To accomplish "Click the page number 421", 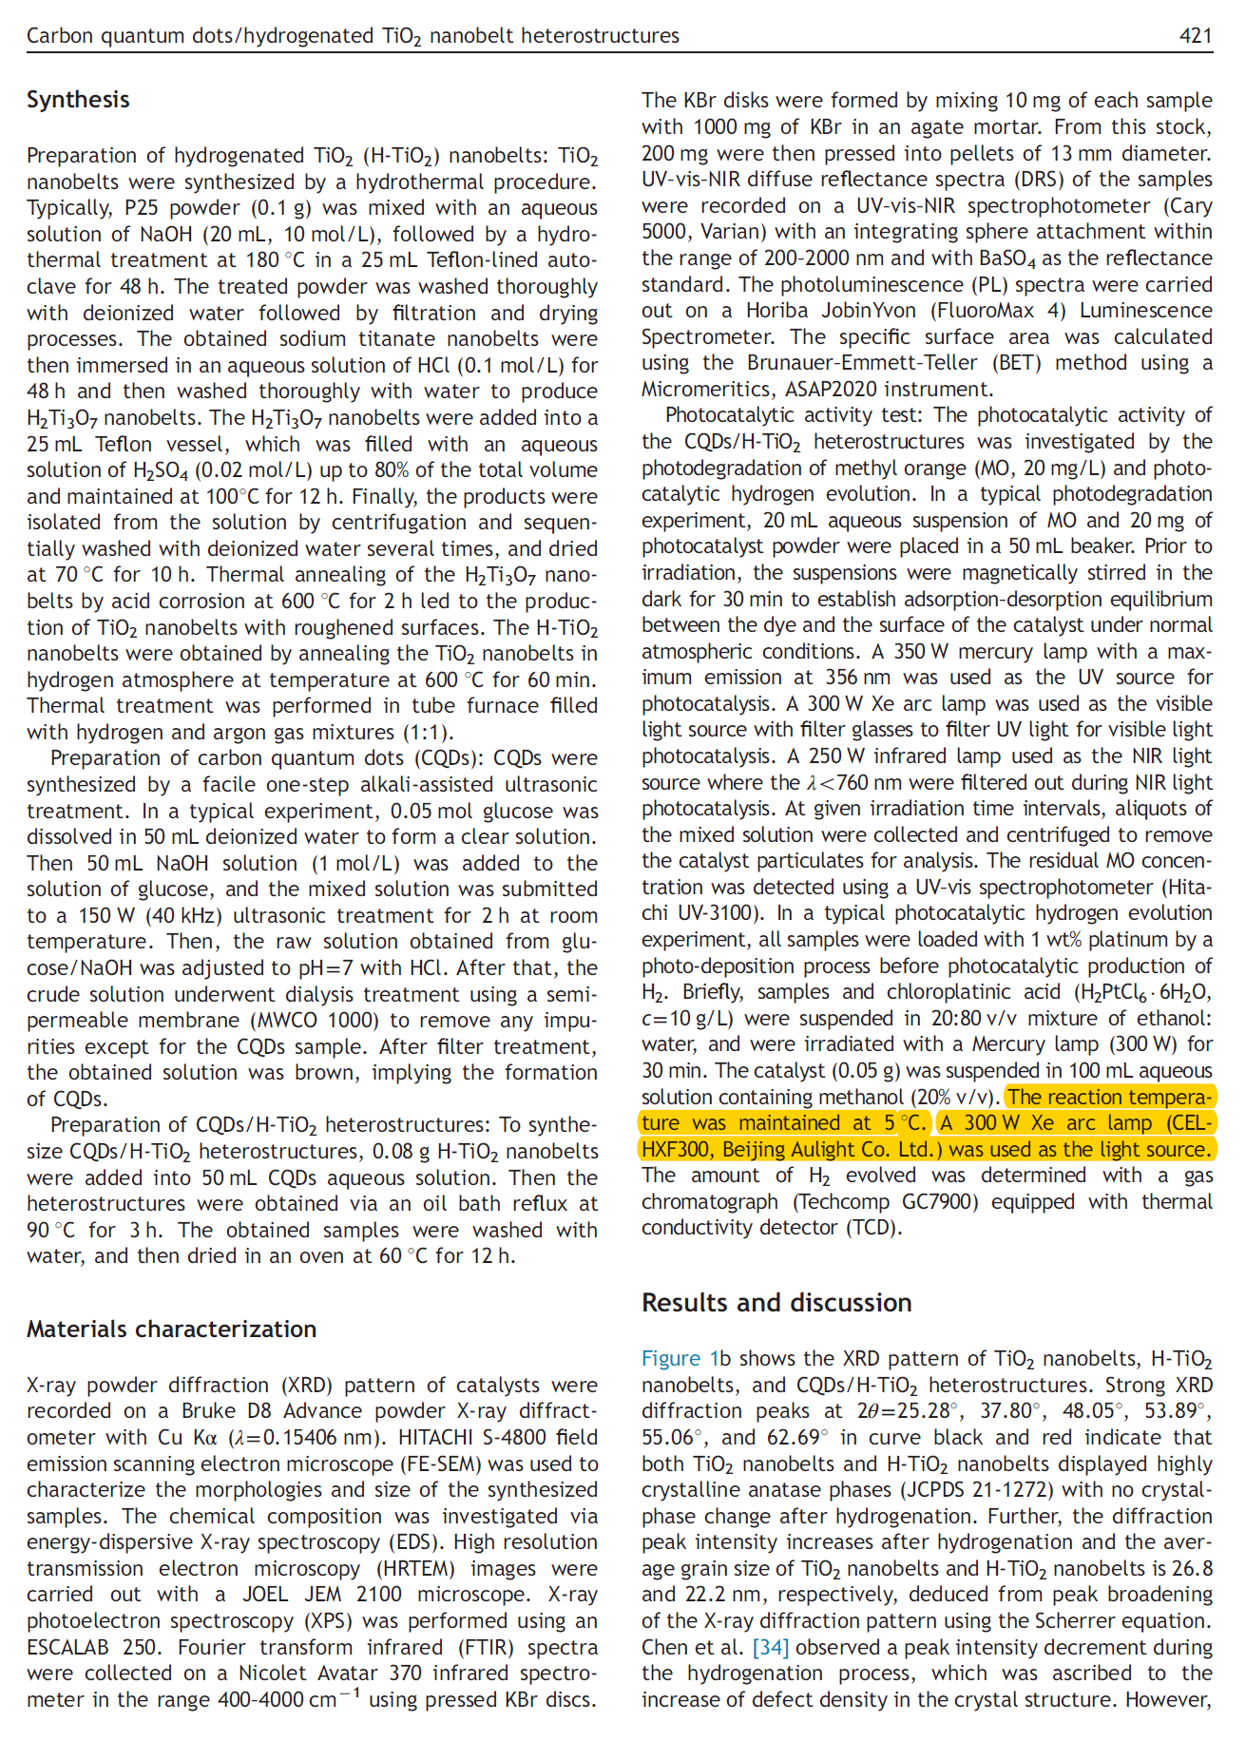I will click(x=1196, y=36).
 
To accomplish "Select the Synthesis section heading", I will click(x=78, y=100).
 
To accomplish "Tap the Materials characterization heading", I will click(x=171, y=1330).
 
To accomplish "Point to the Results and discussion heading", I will click(x=776, y=1303).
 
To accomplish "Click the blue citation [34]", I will click(x=771, y=1647).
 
